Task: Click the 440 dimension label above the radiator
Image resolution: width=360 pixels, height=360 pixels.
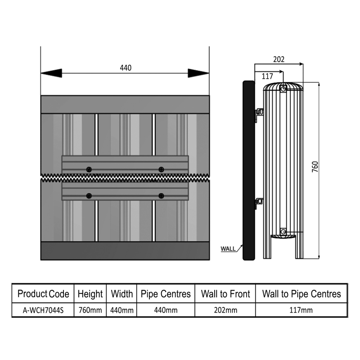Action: tap(126, 68)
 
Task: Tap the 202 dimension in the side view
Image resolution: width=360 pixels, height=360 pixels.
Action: tap(279, 59)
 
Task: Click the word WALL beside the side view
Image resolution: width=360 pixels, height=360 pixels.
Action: tap(228, 248)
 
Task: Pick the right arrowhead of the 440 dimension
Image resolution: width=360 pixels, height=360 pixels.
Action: tap(198, 73)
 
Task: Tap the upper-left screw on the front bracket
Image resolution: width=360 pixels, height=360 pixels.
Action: tap(90, 169)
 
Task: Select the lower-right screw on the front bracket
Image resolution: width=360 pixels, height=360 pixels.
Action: tap(161, 196)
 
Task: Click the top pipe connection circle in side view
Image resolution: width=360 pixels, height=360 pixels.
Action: tap(283, 89)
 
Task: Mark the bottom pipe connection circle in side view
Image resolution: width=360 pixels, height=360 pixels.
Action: tap(283, 232)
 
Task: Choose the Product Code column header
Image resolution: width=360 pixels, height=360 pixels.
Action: tap(43, 294)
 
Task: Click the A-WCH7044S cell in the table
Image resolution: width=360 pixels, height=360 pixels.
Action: tap(43, 310)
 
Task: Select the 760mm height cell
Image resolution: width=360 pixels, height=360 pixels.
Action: tap(90, 310)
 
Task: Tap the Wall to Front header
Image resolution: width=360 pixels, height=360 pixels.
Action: tap(225, 294)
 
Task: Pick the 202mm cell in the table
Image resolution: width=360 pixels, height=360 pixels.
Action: tap(225, 310)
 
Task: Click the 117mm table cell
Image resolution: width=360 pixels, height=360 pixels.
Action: tap(301, 310)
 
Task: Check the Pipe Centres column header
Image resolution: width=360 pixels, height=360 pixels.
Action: tap(166, 294)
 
